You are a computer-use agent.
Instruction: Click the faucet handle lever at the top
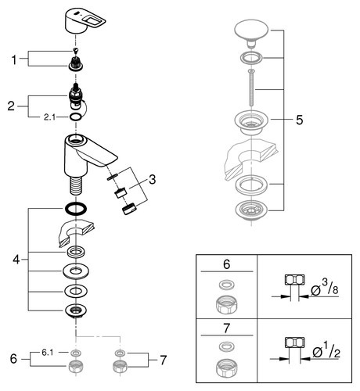click(x=84, y=21)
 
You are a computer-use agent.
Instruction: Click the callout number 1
click(x=14, y=60)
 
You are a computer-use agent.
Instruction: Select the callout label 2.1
click(x=49, y=117)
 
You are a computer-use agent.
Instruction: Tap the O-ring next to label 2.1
click(x=75, y=117)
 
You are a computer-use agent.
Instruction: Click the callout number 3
click(x=152, y=180)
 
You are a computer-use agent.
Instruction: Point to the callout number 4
click(x=16, y=260)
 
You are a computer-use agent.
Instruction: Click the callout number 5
click(x=300, y=120)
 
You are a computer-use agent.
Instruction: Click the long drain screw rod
click(x=251, y=88)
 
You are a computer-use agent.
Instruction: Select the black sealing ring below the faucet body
click(x=75, y=209)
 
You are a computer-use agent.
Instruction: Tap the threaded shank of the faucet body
click(x=76, y=185)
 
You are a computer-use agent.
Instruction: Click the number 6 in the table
click(x=227, y=264)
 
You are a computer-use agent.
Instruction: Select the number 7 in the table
click(x=226, y=328)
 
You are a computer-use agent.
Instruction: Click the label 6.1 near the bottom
click(x=47, y=353)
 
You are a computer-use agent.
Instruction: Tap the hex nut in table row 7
click(x=226, y=368)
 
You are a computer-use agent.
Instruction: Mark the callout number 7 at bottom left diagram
click(x=163, y=361)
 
